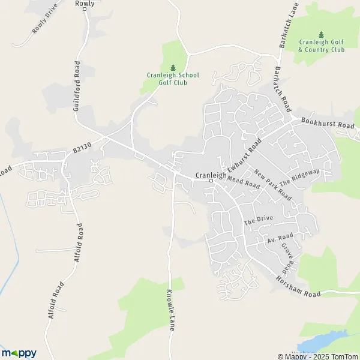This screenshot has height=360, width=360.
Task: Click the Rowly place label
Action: tap(85, 4)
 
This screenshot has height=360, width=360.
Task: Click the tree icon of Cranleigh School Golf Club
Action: tap(173, 67)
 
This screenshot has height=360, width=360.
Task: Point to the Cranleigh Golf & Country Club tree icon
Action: tap(321, 34)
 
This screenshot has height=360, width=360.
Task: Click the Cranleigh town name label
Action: tap(209, 176)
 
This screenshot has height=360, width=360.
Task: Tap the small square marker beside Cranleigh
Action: tap(211, 181)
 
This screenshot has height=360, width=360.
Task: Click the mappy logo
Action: tap(19, 353)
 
